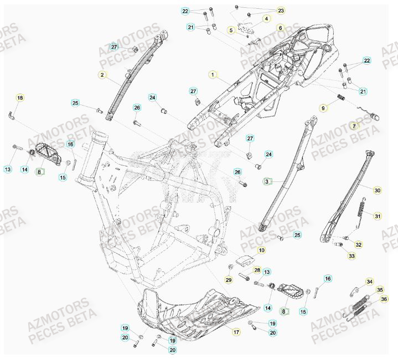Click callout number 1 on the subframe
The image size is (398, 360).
tap(211, 74)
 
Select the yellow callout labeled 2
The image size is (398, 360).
tap(101, 74)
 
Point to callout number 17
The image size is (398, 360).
tap(236, 332)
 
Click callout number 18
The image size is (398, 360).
tap(20, 98)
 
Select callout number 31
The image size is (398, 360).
tap(378, 215)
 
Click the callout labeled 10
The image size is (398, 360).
tap(261, 251)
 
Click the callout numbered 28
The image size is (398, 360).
tap(257, 270)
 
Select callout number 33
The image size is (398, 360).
tap(351, 256)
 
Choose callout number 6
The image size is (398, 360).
tap(280, 28)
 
